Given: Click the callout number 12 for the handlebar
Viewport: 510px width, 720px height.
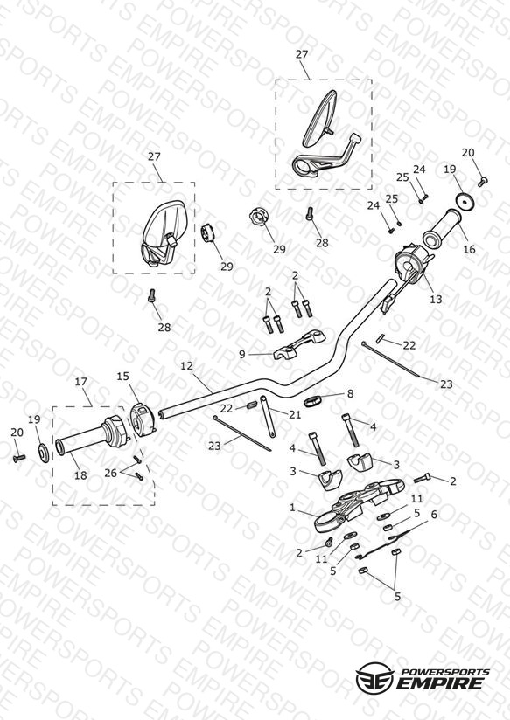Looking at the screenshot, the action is [x=186, y=366].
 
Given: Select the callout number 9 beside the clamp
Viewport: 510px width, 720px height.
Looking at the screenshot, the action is [x=242, y=354].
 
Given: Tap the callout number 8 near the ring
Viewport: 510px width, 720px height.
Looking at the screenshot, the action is [x=351, y=393].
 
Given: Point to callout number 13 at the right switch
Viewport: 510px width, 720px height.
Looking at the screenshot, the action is [x=436, y=300].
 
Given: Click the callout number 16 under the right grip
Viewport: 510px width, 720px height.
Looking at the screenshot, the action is [x=469, y=249].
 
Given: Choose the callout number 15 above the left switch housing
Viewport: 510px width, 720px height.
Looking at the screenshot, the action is [x=122, y=377].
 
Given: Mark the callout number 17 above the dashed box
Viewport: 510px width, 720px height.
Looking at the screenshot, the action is [x=81, y=382].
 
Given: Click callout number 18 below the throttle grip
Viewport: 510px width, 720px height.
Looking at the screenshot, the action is [x=80, y=475].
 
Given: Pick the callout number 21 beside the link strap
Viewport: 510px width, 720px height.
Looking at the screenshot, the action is [x=295, y=415].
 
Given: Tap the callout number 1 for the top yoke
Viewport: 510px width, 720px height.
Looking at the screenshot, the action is [x=292, y=508].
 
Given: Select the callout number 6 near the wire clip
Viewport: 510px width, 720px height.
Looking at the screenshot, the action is [x=434, y=515].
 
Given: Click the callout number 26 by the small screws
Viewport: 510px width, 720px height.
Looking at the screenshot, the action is [x=110, y=473].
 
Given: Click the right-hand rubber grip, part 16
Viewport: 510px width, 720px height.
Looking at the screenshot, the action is [x=442, y=228].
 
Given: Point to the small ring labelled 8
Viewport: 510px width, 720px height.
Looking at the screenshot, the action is [x=312, y=400].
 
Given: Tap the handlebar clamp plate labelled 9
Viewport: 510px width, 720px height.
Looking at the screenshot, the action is [x=299, y=344].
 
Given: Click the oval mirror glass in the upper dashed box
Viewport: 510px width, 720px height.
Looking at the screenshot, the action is [x=319, y=118].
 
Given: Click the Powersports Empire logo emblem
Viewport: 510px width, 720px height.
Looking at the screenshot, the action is [x=375, y=676].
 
